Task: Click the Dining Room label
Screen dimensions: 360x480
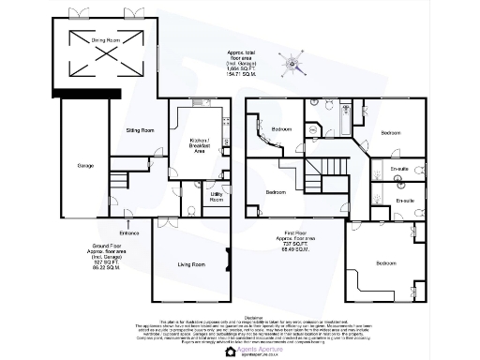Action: [x=105, y=41]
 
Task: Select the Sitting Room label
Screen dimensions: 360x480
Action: [x=140, y=130]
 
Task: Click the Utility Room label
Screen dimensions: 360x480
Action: [x=217, y=198]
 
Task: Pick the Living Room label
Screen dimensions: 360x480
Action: [x=190, y=265]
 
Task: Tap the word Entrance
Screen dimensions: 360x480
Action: [x=128, y=232]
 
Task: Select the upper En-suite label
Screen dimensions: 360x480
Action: [x=399, y=170]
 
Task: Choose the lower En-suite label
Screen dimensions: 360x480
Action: [x=405, y=201]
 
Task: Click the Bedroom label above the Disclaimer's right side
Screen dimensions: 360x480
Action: [x=386, y=263]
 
